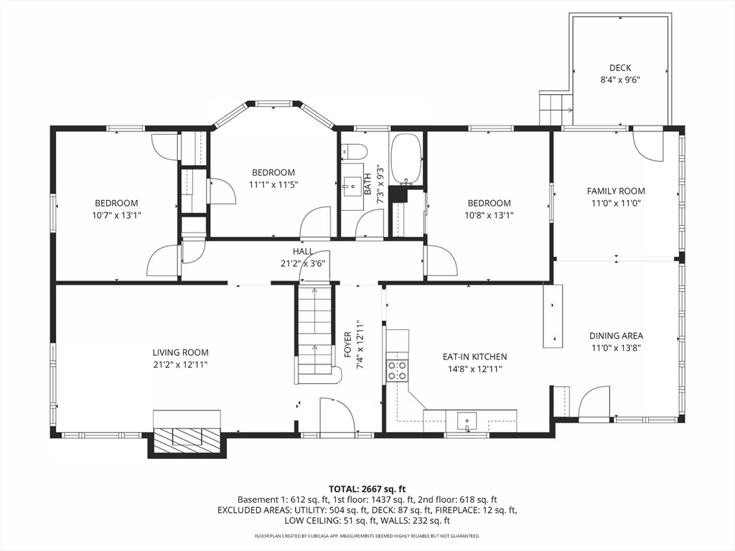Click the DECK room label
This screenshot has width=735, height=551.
pos(620,68)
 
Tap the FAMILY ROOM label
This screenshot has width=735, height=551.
pos(616,191)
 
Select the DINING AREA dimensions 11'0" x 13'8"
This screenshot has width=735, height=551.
pos(616,348)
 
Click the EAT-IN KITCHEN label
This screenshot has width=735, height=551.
pos(475,357)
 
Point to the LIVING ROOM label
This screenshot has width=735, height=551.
pos(180,353)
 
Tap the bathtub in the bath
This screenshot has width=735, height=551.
pos(406,159)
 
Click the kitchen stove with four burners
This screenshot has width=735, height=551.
pos(396,369)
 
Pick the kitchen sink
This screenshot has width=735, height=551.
pos(467,420)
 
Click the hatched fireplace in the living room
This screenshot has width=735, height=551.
pos(187,441)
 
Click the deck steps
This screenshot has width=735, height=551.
pos(556,109)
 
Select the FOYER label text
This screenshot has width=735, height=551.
pos(348,344)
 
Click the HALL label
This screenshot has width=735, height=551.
pos(303,252)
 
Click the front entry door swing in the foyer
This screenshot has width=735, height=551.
pos(337,415)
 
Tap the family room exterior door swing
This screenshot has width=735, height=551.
pos(648,146)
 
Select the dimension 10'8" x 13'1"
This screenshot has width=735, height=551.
pos(489,215)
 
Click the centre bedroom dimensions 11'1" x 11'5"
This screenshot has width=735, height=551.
pos(273,184)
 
